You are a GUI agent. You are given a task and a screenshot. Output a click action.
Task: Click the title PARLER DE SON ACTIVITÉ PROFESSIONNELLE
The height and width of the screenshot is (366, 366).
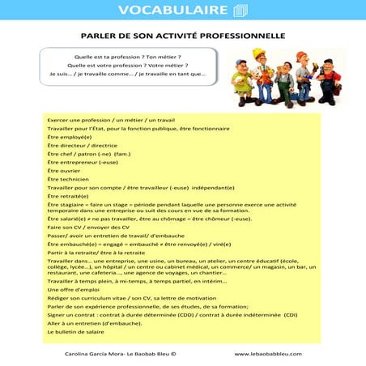pos(182,36)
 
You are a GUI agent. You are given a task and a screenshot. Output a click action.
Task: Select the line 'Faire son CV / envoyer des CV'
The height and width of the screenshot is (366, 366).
pos(88,228)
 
